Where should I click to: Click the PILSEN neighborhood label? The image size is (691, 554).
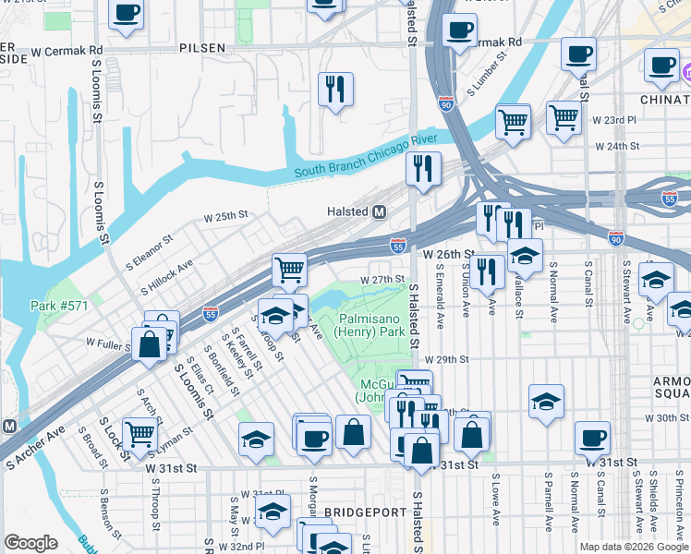201,46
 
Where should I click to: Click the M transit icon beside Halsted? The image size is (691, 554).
379,212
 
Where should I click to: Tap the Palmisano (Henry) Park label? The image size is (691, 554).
366,324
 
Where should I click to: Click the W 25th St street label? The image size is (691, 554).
225,215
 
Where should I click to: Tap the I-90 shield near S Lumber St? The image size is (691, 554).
446,103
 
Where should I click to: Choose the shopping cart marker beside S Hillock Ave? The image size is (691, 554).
289,270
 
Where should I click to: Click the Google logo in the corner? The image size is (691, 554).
31,542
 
